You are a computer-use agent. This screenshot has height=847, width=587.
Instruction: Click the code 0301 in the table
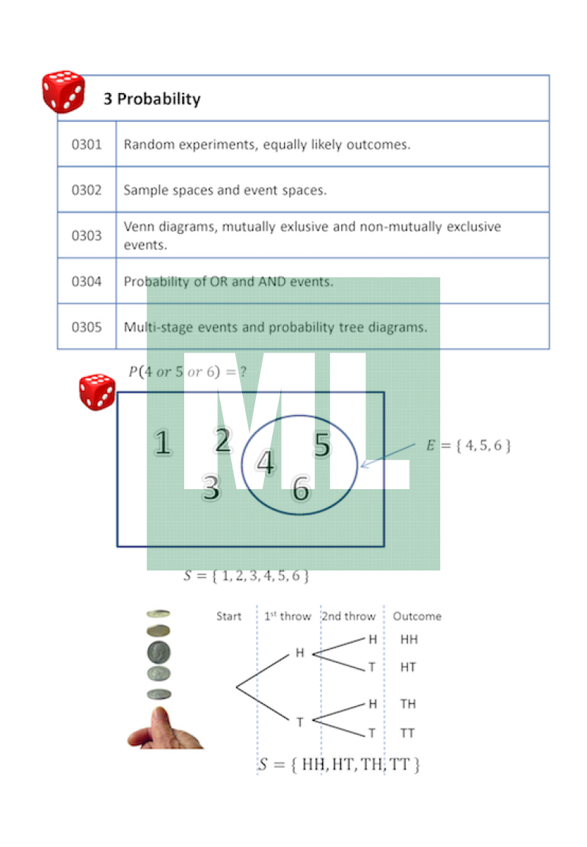(x=87, y=144)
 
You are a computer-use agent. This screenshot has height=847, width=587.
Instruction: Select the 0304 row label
(x=87, y=282)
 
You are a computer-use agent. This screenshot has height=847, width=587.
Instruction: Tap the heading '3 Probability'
(x=152, y=99)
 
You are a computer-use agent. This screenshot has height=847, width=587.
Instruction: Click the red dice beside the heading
(x=63, y=92)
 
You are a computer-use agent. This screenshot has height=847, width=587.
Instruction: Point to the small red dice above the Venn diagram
(x=97, y=392)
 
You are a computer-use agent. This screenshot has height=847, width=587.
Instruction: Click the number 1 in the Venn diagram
(x=163, y=443)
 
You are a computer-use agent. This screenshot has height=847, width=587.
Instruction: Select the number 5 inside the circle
(x=322, y=445)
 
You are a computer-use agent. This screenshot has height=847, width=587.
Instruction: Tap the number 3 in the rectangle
(x=211, y=488)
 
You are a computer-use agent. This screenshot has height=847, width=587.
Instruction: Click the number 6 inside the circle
(x=300, y=489)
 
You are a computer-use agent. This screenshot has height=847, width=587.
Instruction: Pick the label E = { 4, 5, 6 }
(x=468, y=445)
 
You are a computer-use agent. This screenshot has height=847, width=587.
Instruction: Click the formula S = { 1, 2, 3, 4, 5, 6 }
(x=246, y=576)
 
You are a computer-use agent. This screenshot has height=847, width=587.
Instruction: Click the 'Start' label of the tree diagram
(x=228, y=616)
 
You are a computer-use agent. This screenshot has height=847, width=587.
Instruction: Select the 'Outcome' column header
(x=417, y=616)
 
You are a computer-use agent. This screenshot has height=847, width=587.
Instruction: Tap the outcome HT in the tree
(x=409, y=667)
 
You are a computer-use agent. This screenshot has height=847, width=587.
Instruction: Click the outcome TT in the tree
(x=408, y=733)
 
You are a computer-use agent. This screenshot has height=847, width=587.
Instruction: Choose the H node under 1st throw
(x=299, y=652)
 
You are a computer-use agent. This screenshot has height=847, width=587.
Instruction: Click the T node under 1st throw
(x=299, y=722)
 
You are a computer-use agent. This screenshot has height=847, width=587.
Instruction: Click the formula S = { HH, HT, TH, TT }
(x=339, y=765)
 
